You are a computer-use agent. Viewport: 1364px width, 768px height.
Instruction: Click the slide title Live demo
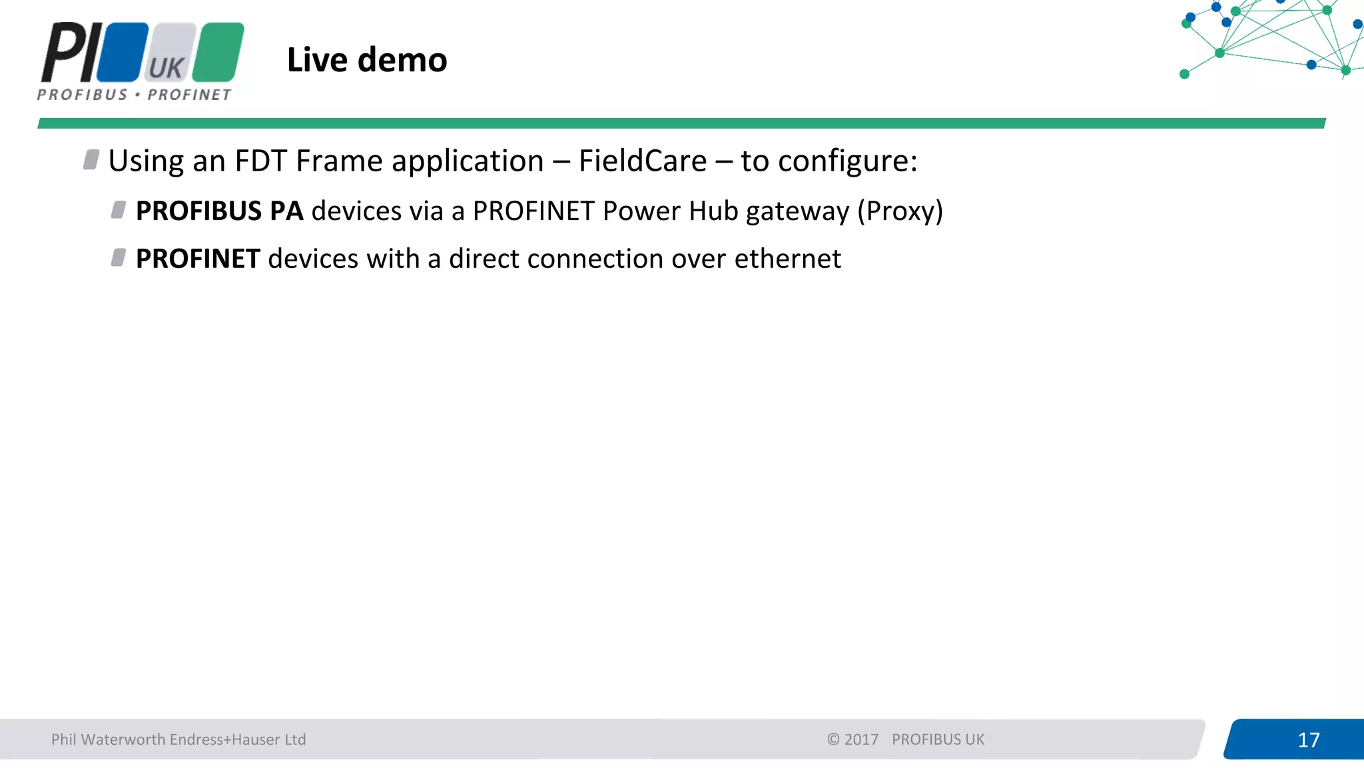(367, 60)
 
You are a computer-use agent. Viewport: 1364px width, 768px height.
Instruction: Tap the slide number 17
(1308, 740)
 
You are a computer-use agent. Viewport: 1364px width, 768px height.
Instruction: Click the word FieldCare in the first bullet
(642, 161)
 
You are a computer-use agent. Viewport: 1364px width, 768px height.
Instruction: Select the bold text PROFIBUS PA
(219, 211)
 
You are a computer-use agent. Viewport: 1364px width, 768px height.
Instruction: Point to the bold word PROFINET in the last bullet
(198, 259)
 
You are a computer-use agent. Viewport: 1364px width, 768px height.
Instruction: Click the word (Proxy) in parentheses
(900, 211)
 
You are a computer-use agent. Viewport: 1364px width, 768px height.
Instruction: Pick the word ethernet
(787, 259)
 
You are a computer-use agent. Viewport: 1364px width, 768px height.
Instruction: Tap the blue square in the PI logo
(123, 51)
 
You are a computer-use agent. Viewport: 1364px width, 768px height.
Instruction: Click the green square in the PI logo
(218, 51)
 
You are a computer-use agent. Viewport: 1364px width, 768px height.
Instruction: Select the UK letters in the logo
(166, 68)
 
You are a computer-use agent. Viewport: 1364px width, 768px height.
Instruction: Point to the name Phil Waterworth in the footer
(109, 739)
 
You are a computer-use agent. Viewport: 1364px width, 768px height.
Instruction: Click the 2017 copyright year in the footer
(861, 739)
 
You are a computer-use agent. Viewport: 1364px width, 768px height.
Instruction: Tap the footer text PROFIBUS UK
(938, 739)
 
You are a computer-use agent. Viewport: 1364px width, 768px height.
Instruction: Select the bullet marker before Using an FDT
(91, 160)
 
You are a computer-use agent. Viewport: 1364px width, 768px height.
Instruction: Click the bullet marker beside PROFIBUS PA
(119, 210)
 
